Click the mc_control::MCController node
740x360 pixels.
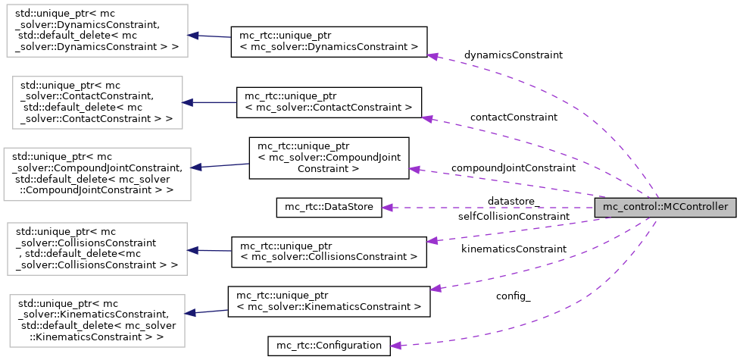coord(665,207)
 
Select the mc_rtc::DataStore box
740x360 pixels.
coord(328,207)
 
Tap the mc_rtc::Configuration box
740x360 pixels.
coord(329,346)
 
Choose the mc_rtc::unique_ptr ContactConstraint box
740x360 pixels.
coord(329,102)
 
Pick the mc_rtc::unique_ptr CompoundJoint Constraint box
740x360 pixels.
coord(329,158)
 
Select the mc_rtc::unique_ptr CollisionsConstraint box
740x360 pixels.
coord(329,252)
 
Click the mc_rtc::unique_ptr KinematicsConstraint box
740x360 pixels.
coord(329,301)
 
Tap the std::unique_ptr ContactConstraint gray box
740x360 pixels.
coord(97,100)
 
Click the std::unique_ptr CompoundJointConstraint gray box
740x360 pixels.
coord(97,174)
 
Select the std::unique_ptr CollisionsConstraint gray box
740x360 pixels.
coord(97,248)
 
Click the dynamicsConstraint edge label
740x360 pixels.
coord(513,55)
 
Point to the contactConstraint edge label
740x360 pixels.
coord(513,117)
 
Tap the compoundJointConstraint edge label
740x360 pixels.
coord(513,167)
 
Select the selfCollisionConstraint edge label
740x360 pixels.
coord(513,217)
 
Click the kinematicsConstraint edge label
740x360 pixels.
coord(513,249)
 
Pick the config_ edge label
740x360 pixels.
coord(513,296)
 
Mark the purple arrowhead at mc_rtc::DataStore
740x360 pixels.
coord(387,207)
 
